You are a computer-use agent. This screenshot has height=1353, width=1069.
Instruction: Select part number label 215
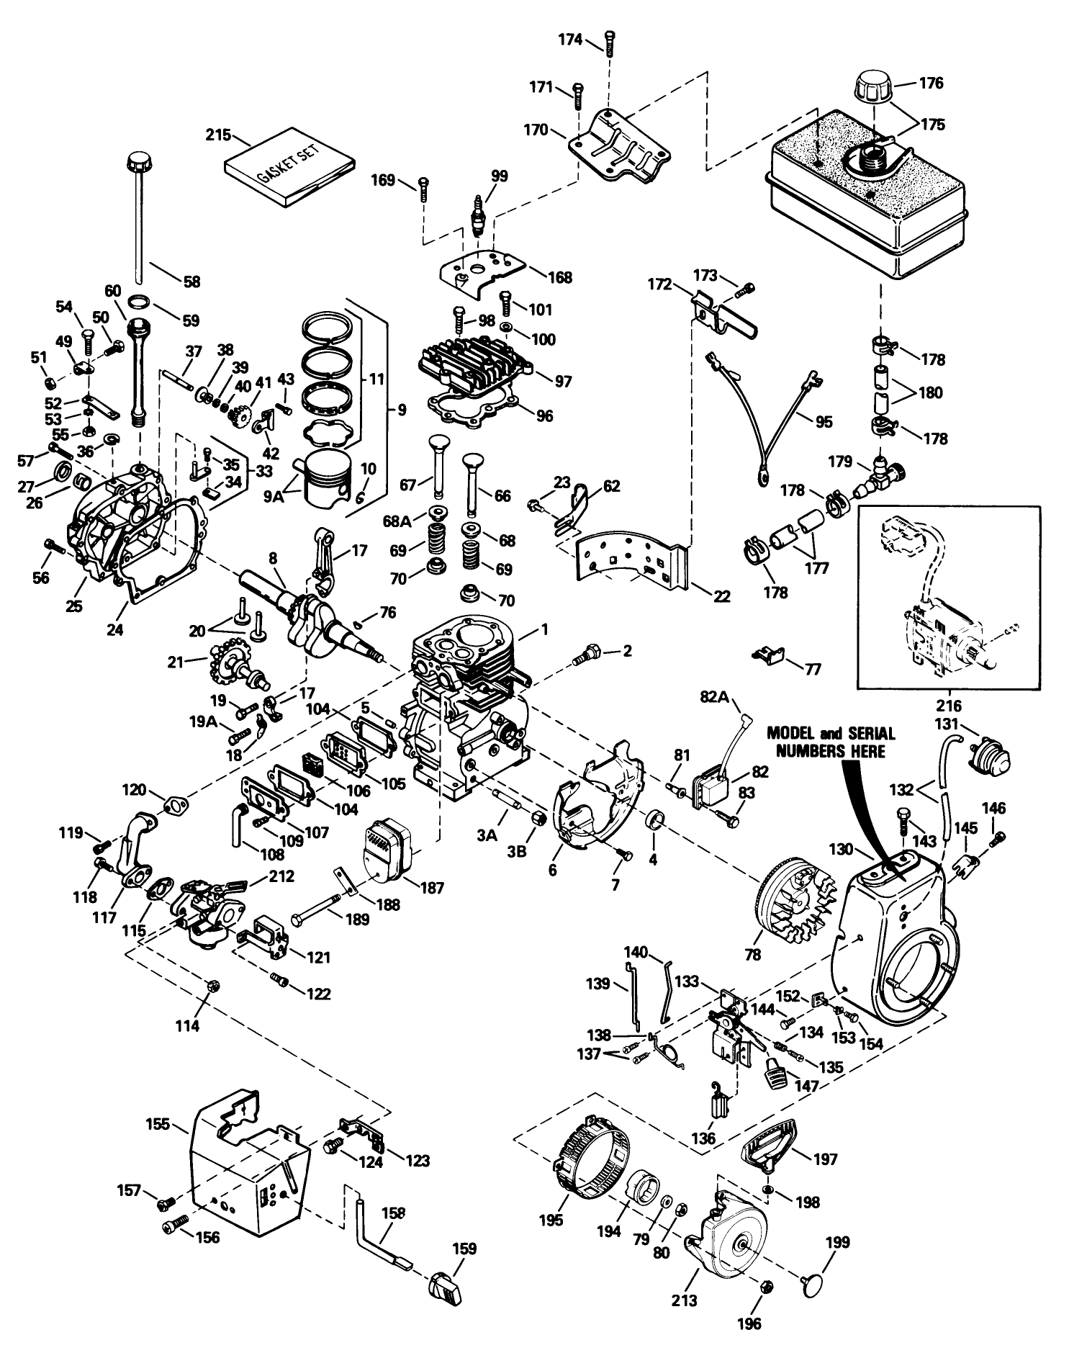tap(217, 135)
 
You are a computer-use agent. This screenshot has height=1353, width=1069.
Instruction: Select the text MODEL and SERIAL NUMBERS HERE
tap(831, 742)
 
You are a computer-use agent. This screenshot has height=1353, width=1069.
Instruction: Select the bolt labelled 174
tap(610, 42)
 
